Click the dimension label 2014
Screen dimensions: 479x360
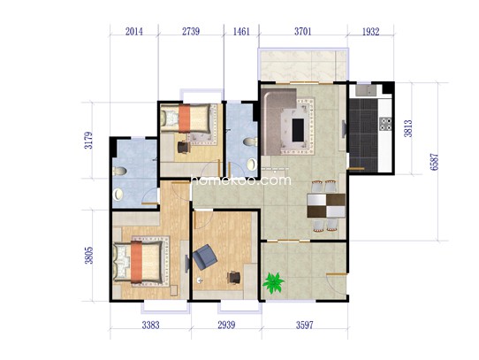click(133, 32)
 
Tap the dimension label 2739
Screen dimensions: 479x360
click(191, 32)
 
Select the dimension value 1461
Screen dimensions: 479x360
click(241, 32)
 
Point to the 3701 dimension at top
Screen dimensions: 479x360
click(303, 32)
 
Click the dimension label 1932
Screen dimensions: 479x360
click(370, 32)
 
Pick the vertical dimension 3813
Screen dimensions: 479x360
click(408, 128)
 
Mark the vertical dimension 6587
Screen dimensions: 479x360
click(434, 162)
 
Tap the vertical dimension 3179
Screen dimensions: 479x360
click(88, 140)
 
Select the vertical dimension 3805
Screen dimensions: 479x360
click(89, 255)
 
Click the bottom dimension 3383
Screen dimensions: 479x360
click(150, 325)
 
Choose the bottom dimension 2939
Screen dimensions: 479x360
click(226, 325)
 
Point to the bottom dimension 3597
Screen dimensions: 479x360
click(305, 325)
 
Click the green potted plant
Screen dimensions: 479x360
click(273, 283)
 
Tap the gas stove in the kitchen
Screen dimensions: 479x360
click(385, 124)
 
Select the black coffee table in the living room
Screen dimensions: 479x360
click(298, 130)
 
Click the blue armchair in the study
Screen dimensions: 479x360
click(205, 257)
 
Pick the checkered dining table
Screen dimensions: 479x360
click(326, 205)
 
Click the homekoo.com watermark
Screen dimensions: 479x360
click(241, 180)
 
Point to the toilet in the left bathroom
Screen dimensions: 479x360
click(119, 171)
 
